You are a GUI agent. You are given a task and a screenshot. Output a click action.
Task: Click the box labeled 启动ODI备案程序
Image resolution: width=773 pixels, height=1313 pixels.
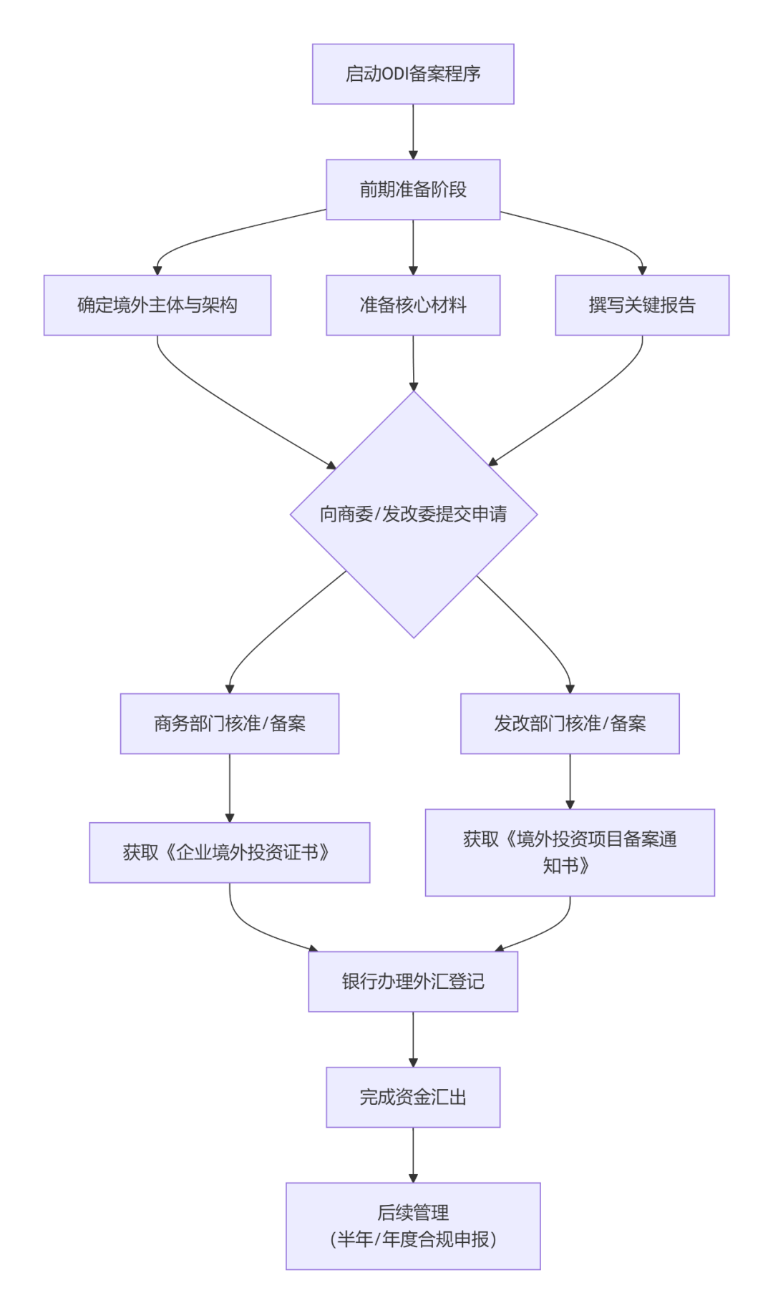(x=413, y=74)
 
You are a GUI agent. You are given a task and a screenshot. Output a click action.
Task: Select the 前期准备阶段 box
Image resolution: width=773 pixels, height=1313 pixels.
(x=413, y=190)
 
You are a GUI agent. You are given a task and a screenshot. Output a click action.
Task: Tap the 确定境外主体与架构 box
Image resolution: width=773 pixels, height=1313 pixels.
(x=157, y=305)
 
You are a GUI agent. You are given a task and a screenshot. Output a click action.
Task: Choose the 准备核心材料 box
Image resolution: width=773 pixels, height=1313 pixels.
(x=413, y=305)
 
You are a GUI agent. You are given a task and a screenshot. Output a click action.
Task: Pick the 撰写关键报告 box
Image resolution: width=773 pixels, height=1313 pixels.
(x=642, y=305)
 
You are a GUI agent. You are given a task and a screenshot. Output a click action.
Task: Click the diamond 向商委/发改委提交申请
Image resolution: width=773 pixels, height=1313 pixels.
(x=414, y=514)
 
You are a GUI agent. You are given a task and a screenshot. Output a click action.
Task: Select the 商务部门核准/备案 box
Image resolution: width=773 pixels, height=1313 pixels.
(x=230, y=723)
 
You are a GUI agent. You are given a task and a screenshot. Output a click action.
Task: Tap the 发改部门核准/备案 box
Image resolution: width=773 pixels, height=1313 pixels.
(x=570, y=723)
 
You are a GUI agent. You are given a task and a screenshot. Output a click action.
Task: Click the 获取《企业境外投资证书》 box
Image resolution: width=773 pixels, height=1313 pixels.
(x=230, y=852)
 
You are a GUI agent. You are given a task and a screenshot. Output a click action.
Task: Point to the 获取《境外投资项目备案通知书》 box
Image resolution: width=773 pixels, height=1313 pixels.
(x=570, y=852)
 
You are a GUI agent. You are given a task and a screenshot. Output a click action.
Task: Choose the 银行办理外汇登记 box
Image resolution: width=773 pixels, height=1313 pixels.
(x=413, y=982)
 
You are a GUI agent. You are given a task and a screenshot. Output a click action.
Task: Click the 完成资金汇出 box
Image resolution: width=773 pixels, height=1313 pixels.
(x=413, y=1098)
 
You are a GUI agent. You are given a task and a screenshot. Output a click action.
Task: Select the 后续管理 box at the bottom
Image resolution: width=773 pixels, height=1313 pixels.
(x=413, y=1226)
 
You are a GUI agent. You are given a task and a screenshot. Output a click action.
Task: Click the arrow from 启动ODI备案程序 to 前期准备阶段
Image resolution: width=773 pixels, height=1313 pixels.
(x=413, y=132)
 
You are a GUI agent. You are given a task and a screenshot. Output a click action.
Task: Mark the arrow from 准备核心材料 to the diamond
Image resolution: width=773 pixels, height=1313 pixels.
(x=413, y=363)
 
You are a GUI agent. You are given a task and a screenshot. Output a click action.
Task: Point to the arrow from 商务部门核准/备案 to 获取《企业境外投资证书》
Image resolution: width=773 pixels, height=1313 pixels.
(x=230, y=788)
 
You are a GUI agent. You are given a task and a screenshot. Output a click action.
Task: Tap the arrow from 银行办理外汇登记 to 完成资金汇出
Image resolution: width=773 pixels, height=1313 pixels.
(x=413, y=1040)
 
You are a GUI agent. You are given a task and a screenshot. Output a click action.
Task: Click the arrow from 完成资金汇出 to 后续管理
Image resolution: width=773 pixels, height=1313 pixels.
(x=413, y=1155)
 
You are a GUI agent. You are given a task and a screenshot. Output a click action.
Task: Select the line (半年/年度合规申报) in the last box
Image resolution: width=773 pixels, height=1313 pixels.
(x=413, y=1239)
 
